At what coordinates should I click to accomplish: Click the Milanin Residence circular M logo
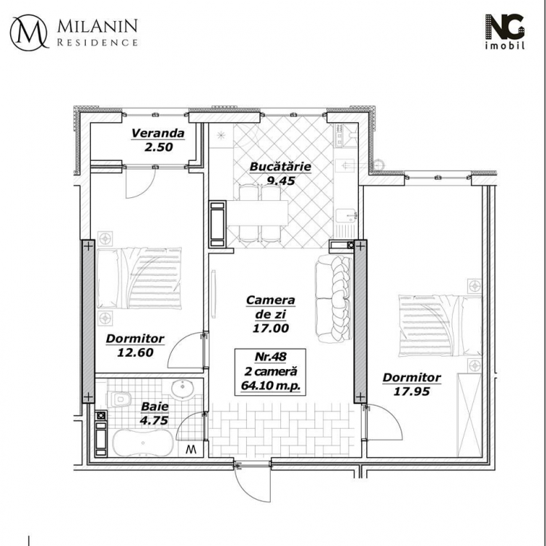point(29,32)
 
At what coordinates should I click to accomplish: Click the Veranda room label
point(158,133)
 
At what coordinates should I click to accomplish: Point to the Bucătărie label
point(280,167)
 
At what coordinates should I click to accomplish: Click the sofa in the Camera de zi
point(333,298)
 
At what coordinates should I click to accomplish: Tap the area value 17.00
point(271,328)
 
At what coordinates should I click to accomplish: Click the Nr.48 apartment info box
point(270,372)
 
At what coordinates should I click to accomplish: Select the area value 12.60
point(135,352)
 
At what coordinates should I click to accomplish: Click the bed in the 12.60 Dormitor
point(139,278)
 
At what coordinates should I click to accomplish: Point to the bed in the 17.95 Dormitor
point(440,326)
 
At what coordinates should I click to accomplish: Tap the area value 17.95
point(411,392)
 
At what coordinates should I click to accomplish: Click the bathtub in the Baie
point(143,443)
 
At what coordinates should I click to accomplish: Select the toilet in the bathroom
point(119,398)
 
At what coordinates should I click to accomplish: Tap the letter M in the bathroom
point(191,449)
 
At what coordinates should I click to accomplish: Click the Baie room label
point(154,406)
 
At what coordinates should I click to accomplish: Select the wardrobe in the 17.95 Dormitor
point(470,415)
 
